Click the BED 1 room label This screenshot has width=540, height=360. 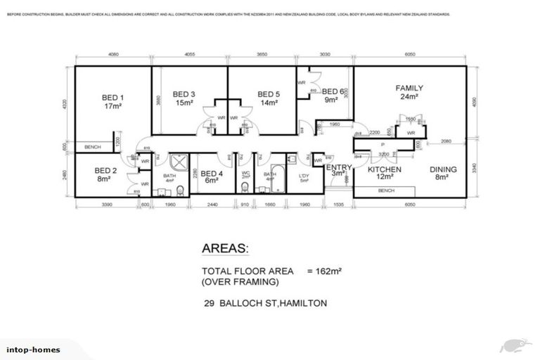pyautogui.click(x=112, y=98)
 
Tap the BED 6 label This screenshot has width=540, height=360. pyautogui.click(x=333, y=91)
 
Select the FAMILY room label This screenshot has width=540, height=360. pyautogui.click(x=409, y=88)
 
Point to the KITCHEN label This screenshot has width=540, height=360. pyautogui.click(x=385, y=169)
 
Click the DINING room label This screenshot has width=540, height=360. pyautogui.click(x=444, y=169)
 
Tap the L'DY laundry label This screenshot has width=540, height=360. pyautogui.click(x=304, y=175)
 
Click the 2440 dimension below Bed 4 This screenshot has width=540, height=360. pyautogui.click(x=212, y=205)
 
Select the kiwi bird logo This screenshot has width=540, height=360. pyautogui.click(x=514, y=345)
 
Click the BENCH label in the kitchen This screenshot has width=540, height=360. pyautogui.click(x=385, y=190)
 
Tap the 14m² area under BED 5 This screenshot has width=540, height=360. pyautogui.click(x=268, y=102)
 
